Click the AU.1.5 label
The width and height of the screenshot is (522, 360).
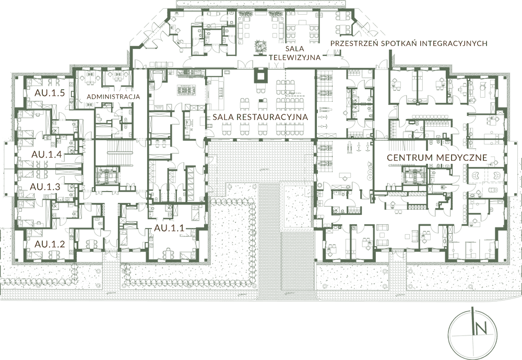pyautogui.click(x=50, y=93)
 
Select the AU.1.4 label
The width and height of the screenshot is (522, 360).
pyautogui.click(x=46, y=154)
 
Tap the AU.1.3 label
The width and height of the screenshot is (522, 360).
pyautogui.click(x=45, y=187)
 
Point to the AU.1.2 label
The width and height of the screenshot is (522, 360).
pyautogui.click(x=50, y=244)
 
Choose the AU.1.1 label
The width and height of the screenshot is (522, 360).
pyautogui.click(x=169, y=228)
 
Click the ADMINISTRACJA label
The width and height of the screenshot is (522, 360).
pyautogui.click(x=113, y=97)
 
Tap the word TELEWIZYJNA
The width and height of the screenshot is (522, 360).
pyautogui.click(x=294, y=57)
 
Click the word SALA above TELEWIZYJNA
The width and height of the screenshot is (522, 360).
pyautogui.click(x=294, y=49)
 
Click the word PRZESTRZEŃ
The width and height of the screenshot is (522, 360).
pyautogui.click(x=354, y=43)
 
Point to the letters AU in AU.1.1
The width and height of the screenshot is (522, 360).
pyautogui.click(x=160, y=228)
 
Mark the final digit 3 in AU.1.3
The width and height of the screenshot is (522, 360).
pyautogui.click(x=57, y=187)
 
